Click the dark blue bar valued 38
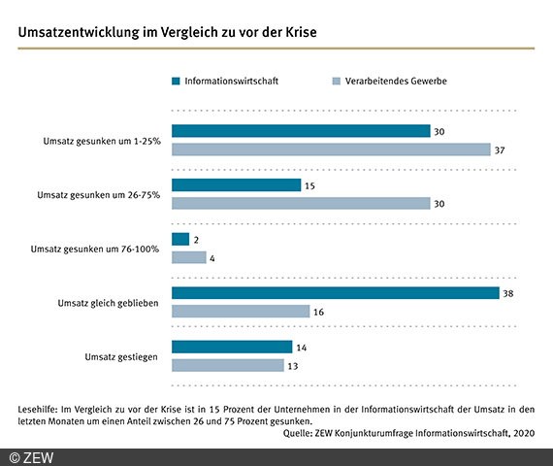point(336,293)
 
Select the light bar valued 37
point(331,150)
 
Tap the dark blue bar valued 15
point(237,185)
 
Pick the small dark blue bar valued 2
point(180,239)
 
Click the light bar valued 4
point(189,257)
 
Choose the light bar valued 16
point(241,312)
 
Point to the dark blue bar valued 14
point(232,347)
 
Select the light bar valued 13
point(228,365)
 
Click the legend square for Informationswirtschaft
point(176,82)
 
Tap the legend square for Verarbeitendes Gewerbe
point(337,82)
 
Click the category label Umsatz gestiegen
point(121,357)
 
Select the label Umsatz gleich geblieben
point(109,303)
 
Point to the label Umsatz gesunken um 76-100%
point(95,249)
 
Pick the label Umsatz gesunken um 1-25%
point(102,141)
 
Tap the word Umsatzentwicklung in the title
point(79,32)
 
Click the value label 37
point(500,150)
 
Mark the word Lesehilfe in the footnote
point(38,410)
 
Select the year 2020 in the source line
point(524,433)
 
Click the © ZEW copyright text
point(31,458)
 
